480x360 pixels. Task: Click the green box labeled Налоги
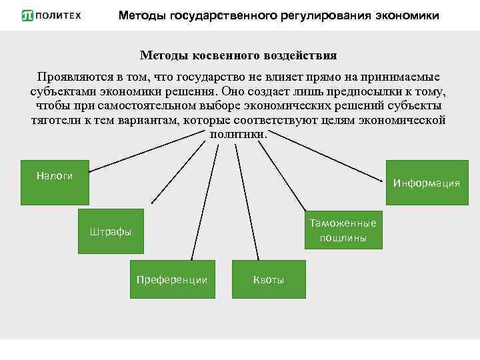pos(55,182)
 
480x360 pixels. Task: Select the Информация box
pos(427,183)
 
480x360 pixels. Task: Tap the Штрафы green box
pos(111,231)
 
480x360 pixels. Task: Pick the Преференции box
pos(172,279)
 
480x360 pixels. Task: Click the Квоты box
pos(269,279)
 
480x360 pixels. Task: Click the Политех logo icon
pos(27,15)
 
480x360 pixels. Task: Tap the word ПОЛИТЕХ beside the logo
pos(59,15)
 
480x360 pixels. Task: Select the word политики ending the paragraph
pos(238,133)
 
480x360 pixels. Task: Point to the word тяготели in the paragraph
pos(53,120)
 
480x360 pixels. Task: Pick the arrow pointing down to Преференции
pos(199,200)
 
